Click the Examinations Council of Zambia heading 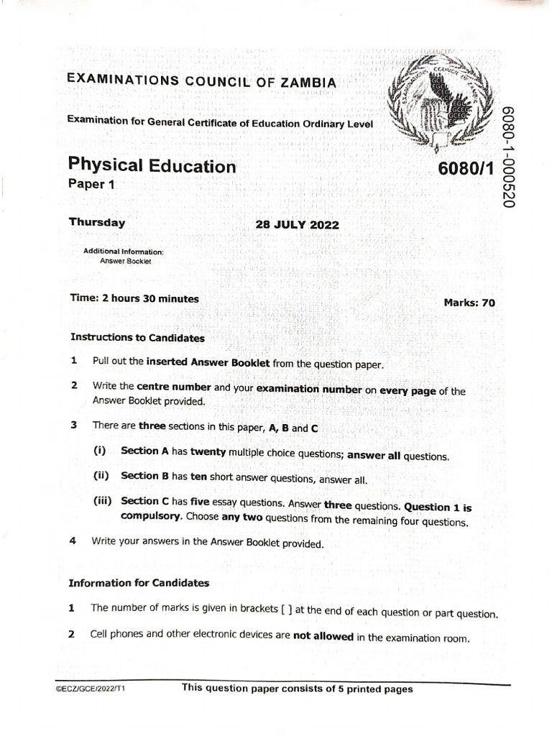point(201,80)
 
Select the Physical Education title point(152,166)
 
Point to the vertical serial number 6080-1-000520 point(509,156)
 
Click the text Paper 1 point(91,184)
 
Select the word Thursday point(96,222)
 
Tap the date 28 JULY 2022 point(297,224)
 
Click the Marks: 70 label point(469,303)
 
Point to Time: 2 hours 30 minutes point(134,298)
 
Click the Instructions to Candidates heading point(137,337)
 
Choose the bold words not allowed point(323,636)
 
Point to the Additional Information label point(124,252)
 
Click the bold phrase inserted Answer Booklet point(208,363)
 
